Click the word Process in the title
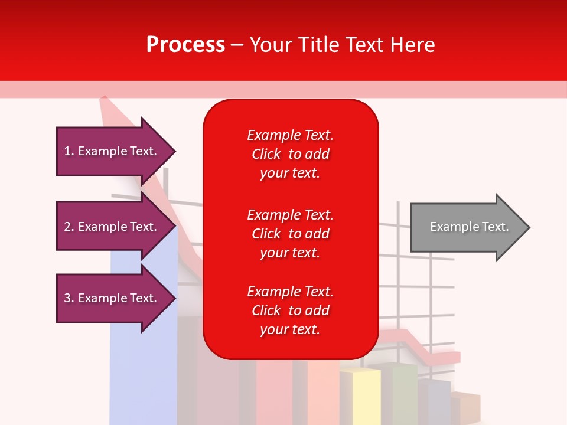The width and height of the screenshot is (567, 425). tap(185, 45)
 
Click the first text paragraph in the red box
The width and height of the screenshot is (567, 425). tap(290, 154)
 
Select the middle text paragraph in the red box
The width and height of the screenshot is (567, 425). tap(290, 234)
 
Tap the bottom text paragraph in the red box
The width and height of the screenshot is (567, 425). tap(290, 310)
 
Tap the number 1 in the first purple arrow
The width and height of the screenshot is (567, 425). tap(67, 152)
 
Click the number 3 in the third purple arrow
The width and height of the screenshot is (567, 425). tap(67, 299)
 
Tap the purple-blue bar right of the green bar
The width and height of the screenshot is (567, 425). tap(436, 401)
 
